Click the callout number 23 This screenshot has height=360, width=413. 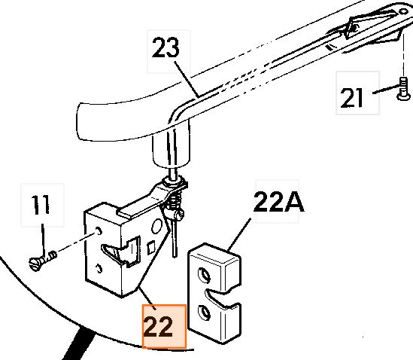click(x=166, y=47)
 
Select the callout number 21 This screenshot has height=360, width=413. click(x=352, y=98)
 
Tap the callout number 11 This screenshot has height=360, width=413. click(x=41, y=204)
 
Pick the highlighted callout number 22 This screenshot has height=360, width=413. click(x=159, y=327)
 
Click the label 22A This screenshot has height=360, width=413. click(x=278, y=202)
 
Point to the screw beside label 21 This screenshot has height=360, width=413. click(x=403, y=89)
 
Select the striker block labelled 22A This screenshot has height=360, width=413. click(x=214, y=294)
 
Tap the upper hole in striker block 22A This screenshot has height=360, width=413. click(x=205, y=275)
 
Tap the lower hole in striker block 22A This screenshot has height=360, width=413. click(x=205, y=313)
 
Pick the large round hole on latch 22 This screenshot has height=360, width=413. click(x=157, y=227)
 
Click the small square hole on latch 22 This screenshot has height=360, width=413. click(x=150, y=247)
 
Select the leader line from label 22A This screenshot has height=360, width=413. click(x=239, y=234)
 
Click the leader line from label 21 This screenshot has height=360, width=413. click(x=386, y=90)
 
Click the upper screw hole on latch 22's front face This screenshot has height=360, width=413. click(x=99, y=231)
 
